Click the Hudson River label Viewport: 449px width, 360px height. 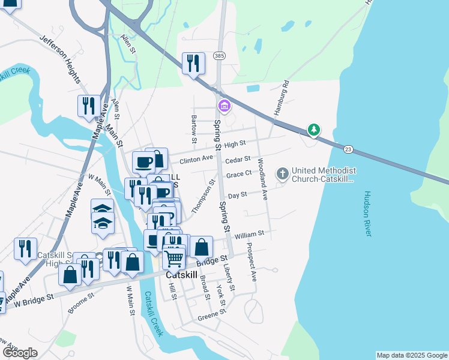[367, 215]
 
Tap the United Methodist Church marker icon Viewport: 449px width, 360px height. [282, 174]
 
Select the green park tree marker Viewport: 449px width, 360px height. [313, 129]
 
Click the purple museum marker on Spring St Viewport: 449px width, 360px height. [224, 106]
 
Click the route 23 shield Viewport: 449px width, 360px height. [348, 149]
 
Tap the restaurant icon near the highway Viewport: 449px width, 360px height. [193, 62]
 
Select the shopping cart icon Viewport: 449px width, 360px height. [173, 259]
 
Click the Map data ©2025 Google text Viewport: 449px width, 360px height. [412, 355]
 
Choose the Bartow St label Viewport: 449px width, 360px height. [194, 130]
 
